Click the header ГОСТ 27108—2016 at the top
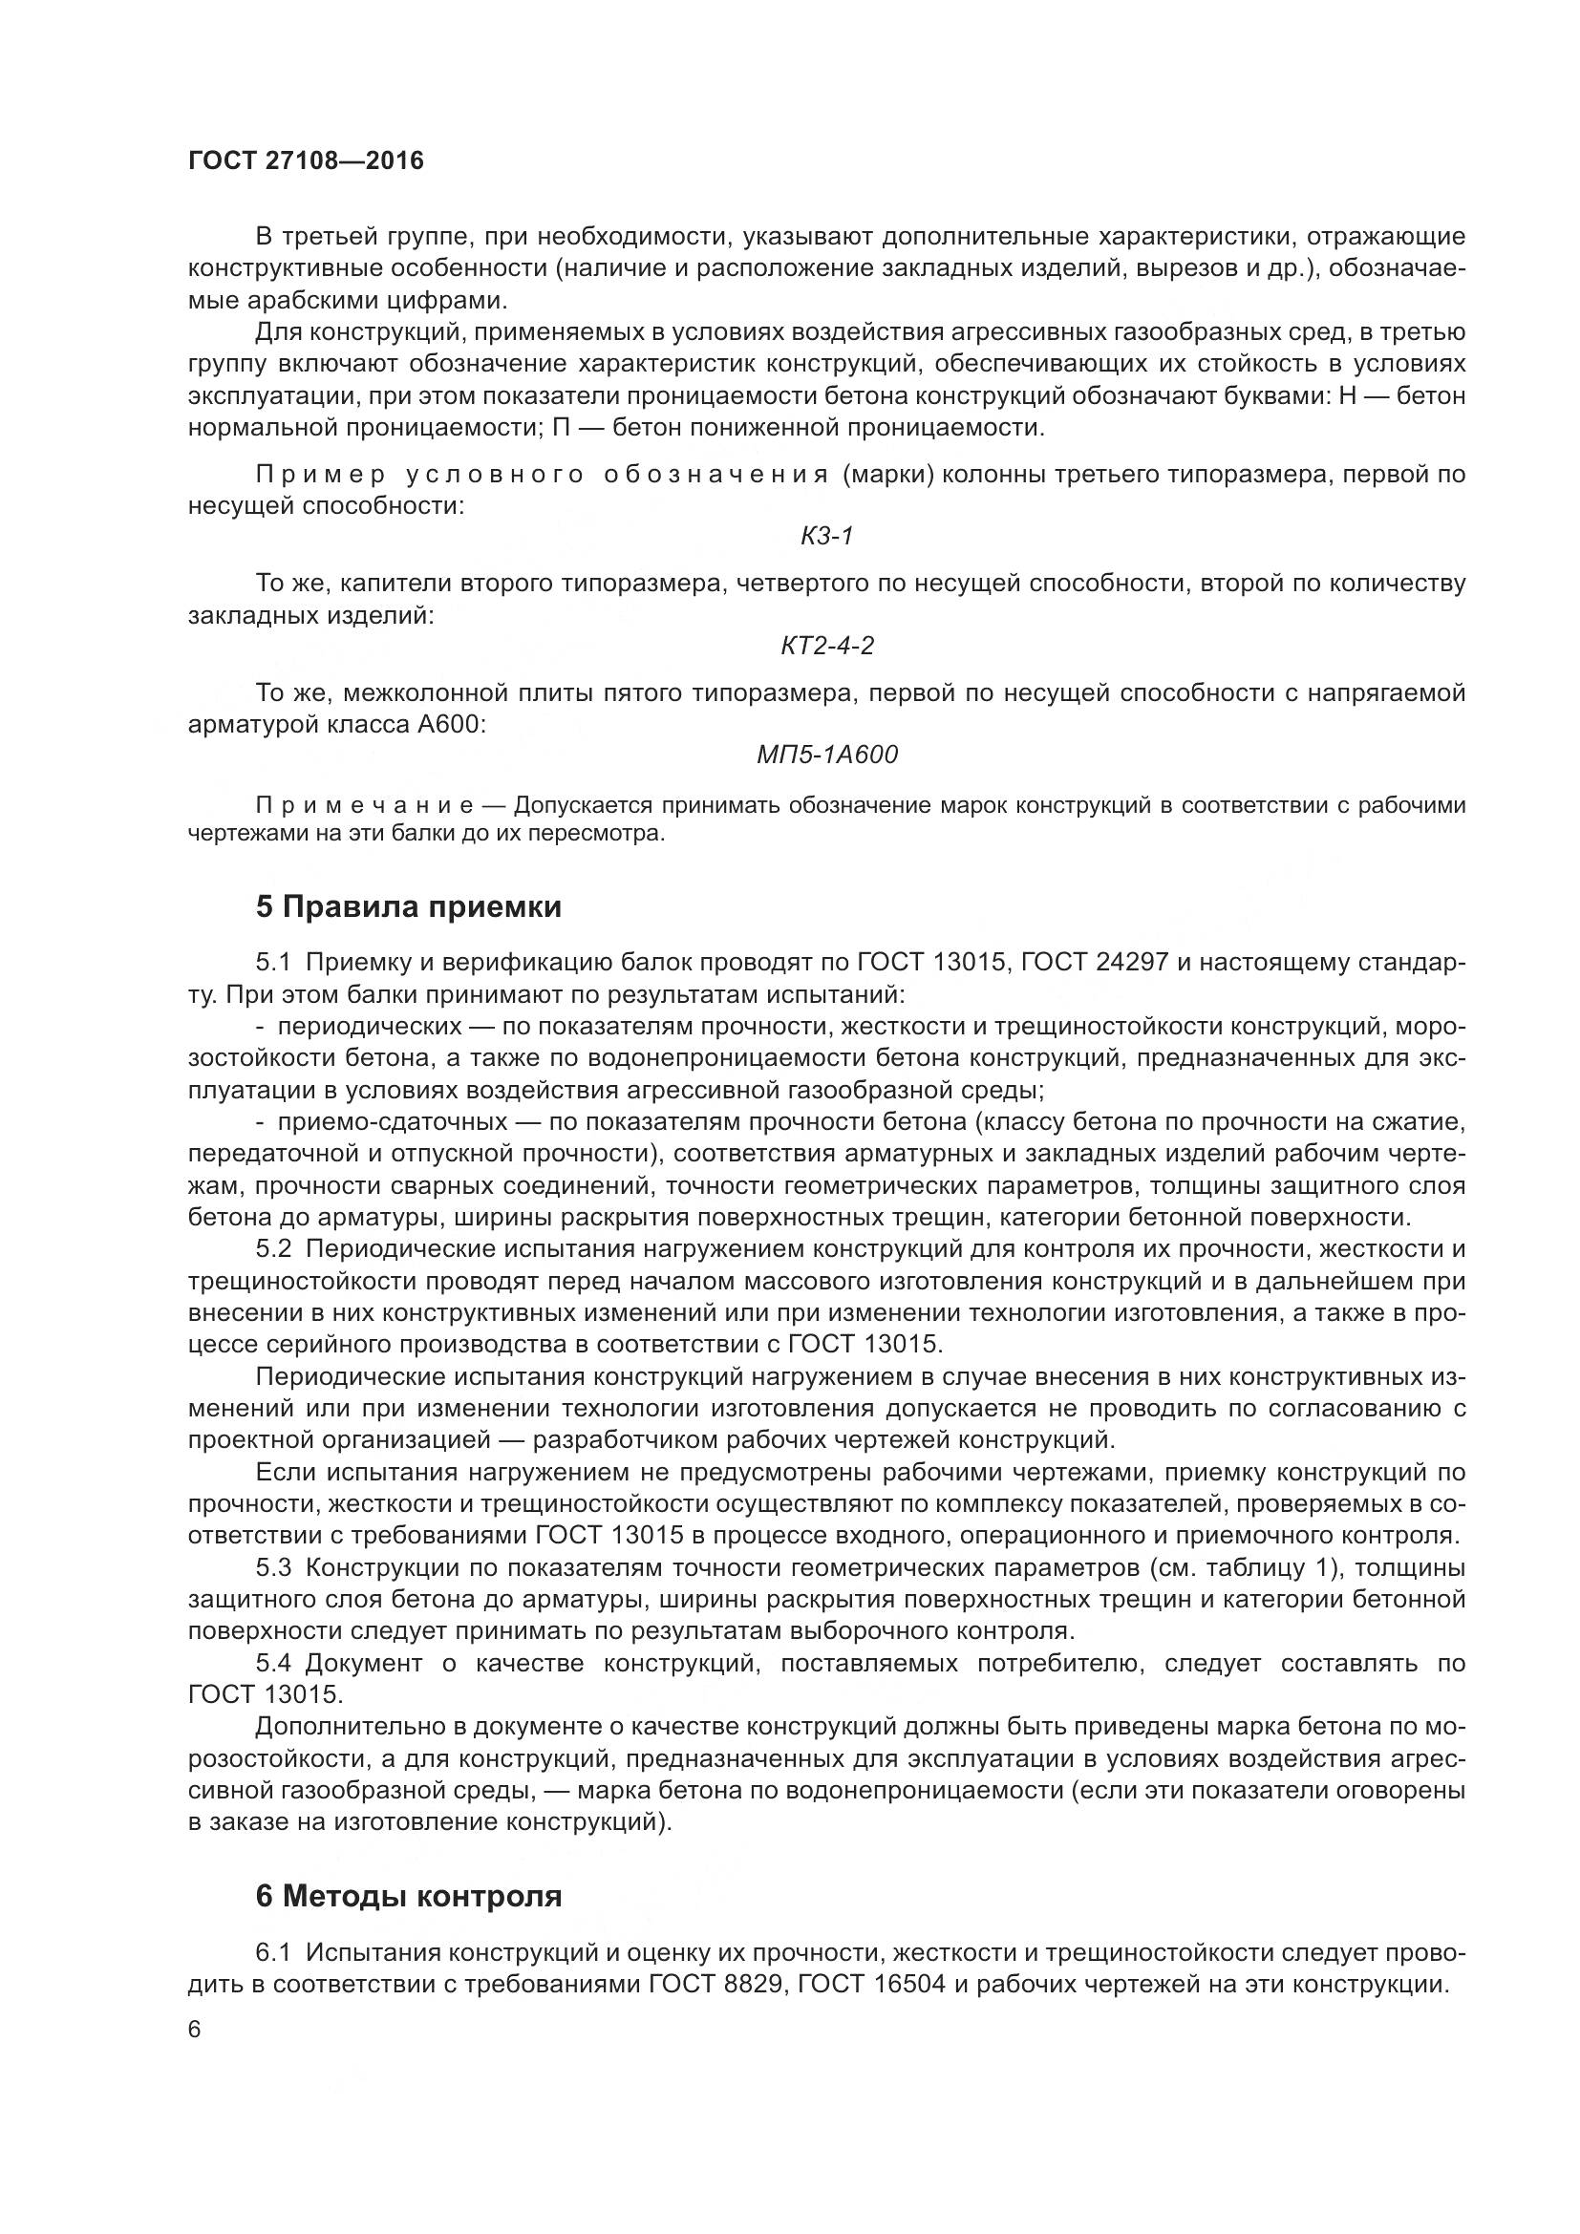tap(307, 160)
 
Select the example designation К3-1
tap(827, 536)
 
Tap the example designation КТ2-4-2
tap(827, 645)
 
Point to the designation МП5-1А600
tap(827, 755)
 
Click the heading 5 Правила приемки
tap(409, 906)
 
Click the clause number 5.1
tap(273, 964)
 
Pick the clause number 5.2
tap(273, 1248)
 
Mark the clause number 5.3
tap(273, 1567)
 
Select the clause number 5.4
tap(273, 1663)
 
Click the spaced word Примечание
tap(365, 806)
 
